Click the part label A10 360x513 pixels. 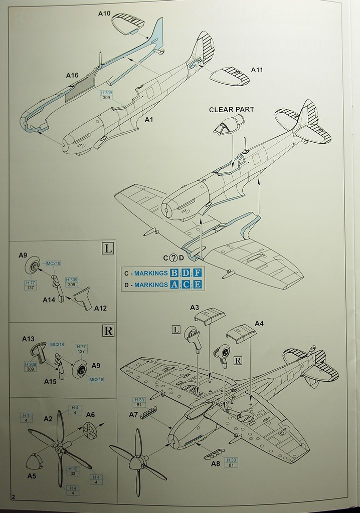[104, 14]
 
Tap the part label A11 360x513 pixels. [256, 70]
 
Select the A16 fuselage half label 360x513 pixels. [72, 75]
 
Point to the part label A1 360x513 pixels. [149, 120]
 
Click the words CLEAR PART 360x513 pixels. [231, 109]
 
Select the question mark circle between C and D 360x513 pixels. [173, 258]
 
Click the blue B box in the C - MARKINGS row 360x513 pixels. [174, 273]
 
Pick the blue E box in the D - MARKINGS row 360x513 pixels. [198, 285]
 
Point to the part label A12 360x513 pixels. [100, 308]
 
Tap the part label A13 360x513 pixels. [28, 339]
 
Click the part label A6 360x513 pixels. [91, 414]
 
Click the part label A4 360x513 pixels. [259, 324]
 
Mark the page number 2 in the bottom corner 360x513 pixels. [14, 497]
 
